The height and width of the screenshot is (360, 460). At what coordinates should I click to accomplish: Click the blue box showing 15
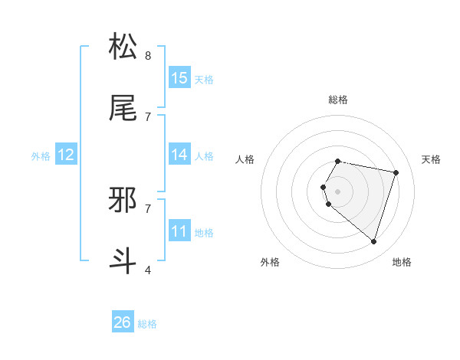[179, 78]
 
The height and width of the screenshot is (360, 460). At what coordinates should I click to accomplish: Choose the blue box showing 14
[179, 155]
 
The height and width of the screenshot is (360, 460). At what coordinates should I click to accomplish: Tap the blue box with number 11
[179, 231]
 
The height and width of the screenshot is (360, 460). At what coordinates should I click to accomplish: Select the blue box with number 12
[65, 155]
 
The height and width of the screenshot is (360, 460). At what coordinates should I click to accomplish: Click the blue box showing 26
[123, 322]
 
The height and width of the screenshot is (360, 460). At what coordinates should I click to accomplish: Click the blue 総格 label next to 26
[147, 324]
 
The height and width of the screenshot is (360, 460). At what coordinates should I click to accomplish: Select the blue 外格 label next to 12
[41, 156]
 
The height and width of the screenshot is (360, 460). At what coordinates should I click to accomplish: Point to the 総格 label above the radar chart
[338, 99]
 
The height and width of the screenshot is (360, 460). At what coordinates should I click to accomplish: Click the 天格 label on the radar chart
[432, 159]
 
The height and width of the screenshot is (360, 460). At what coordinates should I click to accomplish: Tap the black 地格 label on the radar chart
[402, 262]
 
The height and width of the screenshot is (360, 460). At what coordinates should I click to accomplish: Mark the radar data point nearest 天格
[396, 172]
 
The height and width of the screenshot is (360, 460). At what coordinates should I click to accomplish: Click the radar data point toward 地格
[374, 242]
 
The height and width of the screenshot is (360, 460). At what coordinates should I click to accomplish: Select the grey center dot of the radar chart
[338, 191]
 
